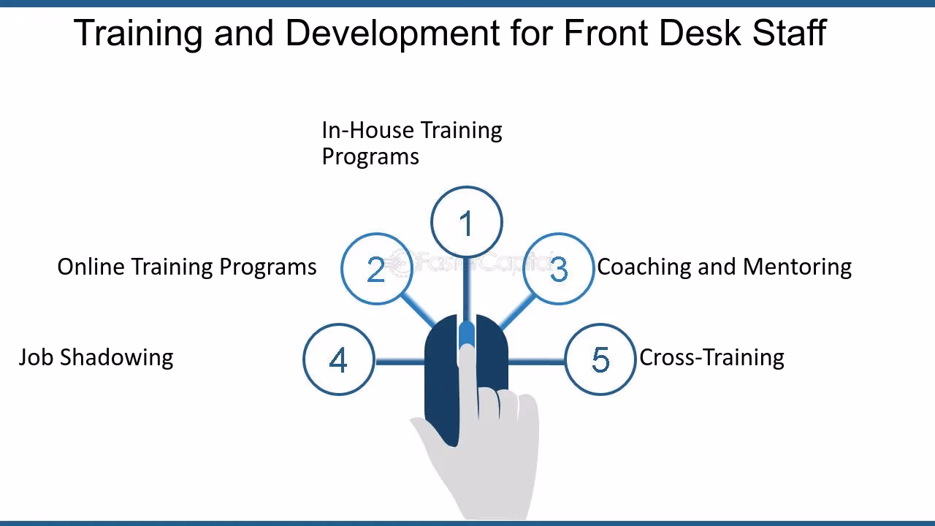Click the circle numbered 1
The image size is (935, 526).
point(467,222)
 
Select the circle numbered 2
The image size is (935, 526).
point(376,269)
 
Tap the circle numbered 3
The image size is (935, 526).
point(559,269)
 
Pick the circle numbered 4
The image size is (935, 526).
point(338,359)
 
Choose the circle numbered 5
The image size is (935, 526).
point(600,359)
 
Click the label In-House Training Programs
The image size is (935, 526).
point(411,143)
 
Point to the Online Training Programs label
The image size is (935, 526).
point(187,267)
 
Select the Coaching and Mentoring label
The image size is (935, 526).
point(724,267)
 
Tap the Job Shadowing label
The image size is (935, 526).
point(96,358)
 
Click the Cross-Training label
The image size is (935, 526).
point(711,358)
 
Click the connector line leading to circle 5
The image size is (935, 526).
point(537,360)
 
